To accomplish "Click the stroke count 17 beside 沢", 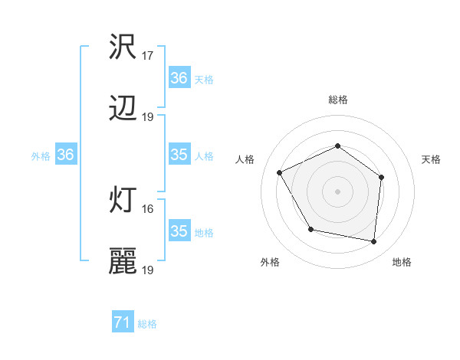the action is click(148, 56).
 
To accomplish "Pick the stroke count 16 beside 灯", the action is click(148, 208).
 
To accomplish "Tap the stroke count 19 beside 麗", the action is click(148, 270).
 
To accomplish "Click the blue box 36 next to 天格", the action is click(179, 78).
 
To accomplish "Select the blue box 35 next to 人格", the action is click(179, 155).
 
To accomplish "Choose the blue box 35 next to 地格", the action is click(179, 231).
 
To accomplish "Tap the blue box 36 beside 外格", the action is click(65, 155).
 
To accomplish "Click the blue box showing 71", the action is click(122, 323).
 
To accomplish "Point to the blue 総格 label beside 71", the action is click(147, 324).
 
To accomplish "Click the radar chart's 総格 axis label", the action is click(338, 100).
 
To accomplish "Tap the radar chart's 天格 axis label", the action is click(431, 159).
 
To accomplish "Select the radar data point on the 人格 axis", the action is click(280, 173).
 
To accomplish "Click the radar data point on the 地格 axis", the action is click(373, 241).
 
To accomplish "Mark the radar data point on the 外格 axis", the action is click(310, 229).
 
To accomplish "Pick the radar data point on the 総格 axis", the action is click(338, 146).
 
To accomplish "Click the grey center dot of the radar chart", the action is click(338, 191).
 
